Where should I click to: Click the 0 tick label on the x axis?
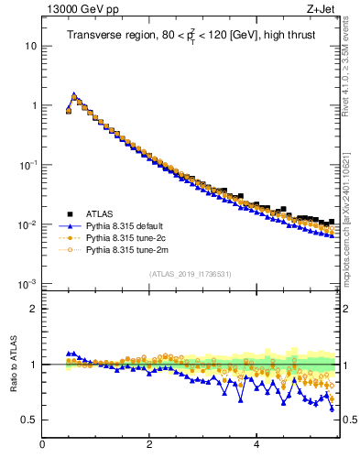pyautogui.click(x=42, y=446)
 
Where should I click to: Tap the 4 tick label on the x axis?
pyautogui.click(x=256, y=446)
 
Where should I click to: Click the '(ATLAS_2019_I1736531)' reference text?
pyautogui.click(x=191, y=274)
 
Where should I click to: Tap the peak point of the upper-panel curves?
pyautogui.click(x=74, y=94)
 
